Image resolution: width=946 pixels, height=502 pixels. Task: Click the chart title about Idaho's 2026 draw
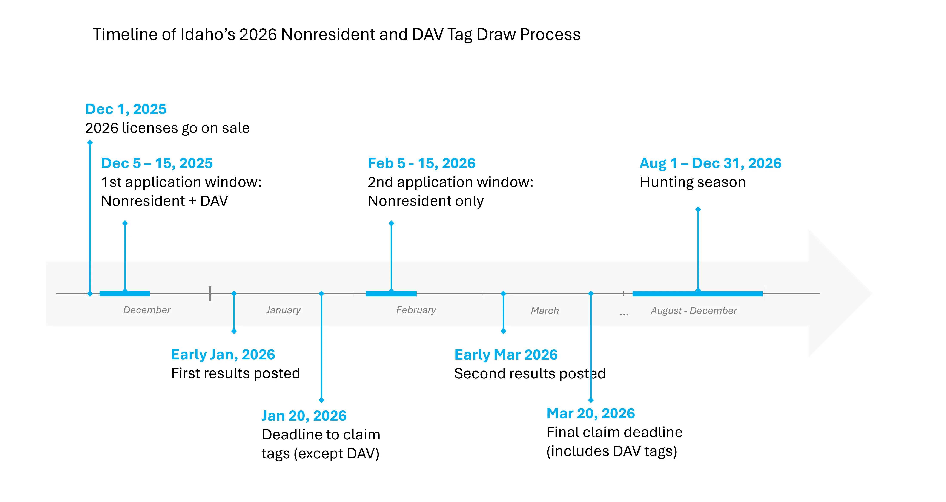336,35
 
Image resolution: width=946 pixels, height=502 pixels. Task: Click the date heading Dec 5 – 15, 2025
157,163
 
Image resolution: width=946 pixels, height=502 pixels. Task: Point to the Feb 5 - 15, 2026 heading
422,163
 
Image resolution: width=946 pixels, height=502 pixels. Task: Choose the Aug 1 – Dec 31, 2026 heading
710,163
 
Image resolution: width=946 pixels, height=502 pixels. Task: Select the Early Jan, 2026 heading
223,355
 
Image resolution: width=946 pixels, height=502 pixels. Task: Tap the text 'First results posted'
235,373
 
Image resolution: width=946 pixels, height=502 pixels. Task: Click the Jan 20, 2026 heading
304,416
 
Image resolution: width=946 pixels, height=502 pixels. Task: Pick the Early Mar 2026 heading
506,355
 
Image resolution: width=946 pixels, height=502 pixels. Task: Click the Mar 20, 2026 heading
591,413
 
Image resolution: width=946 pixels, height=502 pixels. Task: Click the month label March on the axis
545,311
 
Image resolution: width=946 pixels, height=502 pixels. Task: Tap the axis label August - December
694,311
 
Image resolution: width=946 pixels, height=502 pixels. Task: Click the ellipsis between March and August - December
624,314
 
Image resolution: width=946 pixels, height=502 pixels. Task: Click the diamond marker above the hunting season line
698,209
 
